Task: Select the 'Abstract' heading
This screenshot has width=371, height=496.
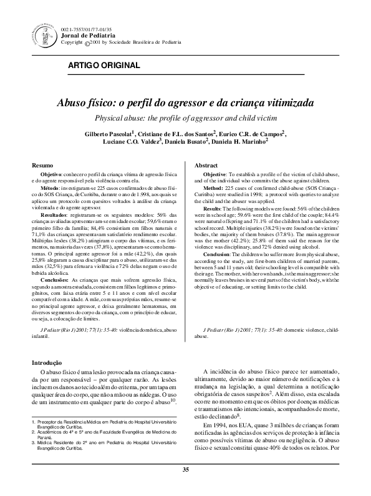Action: (x=206, y=164)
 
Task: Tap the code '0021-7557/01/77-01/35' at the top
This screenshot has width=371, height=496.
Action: (x=87, y=29)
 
